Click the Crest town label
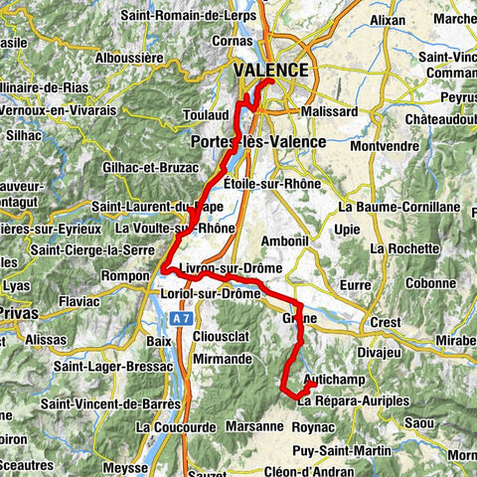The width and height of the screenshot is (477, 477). (385, 322)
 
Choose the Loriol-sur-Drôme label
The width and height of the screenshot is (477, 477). (210, 294)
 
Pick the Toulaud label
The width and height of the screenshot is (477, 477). (206, 116)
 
